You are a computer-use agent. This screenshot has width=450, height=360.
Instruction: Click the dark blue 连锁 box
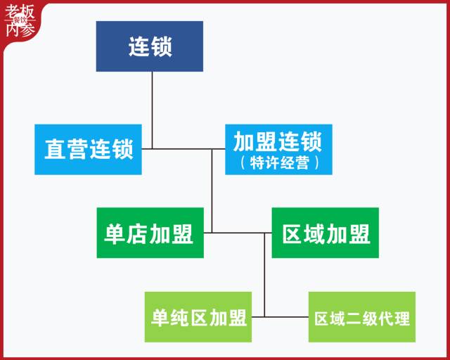point(150,46)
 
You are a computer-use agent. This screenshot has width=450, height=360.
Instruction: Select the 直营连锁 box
point(88,149)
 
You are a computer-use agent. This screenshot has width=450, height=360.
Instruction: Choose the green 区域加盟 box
point(326,233)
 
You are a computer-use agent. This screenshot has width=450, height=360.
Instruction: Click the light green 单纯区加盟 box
point(198,317)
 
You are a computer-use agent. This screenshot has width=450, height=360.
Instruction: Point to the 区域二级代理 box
point(361,317)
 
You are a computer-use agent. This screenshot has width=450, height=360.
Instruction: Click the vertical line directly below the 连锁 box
point(152,98)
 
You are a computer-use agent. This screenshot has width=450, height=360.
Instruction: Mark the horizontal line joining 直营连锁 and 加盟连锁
point(183,149)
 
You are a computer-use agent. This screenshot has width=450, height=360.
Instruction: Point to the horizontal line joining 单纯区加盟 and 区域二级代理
point(280,317)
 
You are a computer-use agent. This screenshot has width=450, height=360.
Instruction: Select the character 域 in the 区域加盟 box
point(315,233)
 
